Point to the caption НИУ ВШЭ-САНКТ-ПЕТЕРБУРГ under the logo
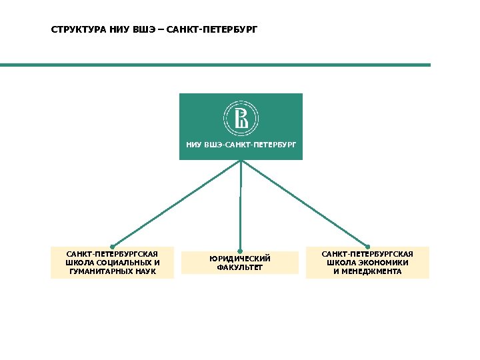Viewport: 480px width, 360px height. pyautogui.click(x=241, y=144)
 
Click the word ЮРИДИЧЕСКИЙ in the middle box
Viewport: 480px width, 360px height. pyautogui.click(x=240, y=258)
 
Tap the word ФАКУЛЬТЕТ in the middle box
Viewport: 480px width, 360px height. pyautogui.click(x=240, y=267)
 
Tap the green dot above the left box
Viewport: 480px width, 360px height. pyautogui.click(x=112, y=246)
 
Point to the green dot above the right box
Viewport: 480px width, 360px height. pyautogui.click(x=367, y=246)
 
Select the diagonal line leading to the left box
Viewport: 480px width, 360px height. pyautogui.click(x=177, y=203)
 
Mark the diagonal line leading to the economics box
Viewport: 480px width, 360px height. pyautogui.click(x=304, y=203)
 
